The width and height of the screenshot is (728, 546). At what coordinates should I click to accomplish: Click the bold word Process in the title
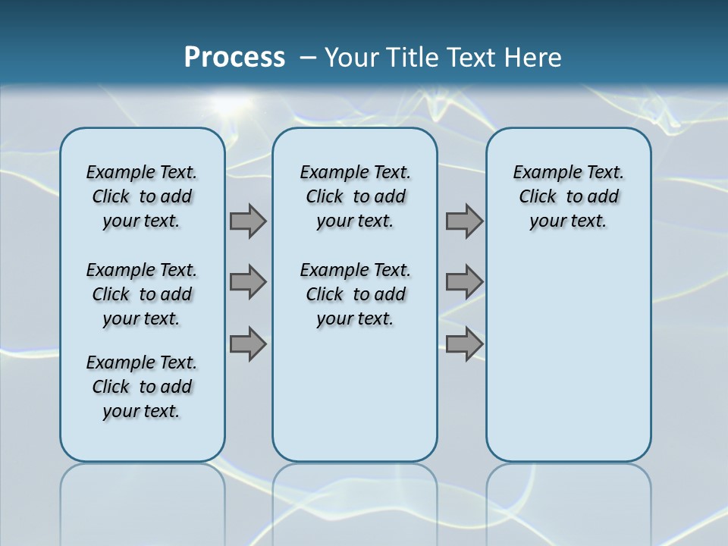tap(234, 58)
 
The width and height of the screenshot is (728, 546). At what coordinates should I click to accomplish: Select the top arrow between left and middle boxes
tap(248, 221)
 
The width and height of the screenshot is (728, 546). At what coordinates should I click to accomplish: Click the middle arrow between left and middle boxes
tap(248, 282)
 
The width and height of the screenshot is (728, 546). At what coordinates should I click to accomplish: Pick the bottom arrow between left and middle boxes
tap(248, 344)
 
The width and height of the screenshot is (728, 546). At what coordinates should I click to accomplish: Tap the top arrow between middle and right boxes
tap(464, 221)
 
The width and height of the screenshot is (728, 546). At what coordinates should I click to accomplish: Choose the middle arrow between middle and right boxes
tap(464, 282)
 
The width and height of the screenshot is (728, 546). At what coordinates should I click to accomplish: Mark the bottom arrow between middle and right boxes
tap(464, 344)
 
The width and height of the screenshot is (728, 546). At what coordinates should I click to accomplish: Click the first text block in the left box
tap(142, 196)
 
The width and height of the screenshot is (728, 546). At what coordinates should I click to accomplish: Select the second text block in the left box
tap(142, 294)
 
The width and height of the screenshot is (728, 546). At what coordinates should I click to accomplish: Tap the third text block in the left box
tap(142, 387)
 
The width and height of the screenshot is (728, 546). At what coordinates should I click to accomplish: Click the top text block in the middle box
tap(355, 196)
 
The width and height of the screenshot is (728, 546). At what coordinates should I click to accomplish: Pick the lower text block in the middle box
tap(355, 294)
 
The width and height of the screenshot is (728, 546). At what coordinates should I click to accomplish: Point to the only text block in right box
tap(568, 196)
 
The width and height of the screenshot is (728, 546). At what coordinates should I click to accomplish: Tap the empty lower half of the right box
tap(568, 356)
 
